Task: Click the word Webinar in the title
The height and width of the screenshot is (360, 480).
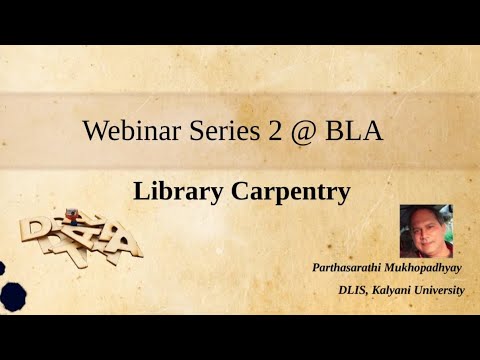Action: click(126, 130)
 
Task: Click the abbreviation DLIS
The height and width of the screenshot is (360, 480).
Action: click(357, 290)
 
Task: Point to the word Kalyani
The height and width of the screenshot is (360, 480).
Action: click(399, 290)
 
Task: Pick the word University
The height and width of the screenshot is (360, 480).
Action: click(446, 290)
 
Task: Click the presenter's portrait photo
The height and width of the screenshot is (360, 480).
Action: click(426, 231)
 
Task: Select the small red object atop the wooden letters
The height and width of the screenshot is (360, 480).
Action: click(71, 213)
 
